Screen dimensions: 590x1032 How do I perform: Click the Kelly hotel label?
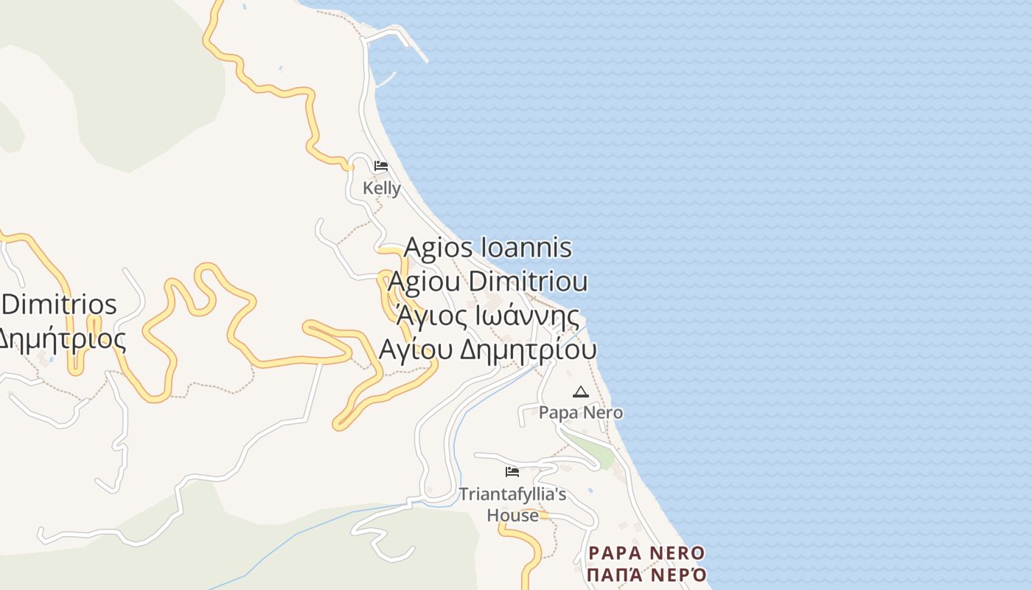(x=382, y=189)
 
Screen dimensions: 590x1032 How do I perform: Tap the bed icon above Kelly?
(x=381, y=166)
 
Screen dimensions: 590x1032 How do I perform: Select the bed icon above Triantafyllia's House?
(x=512, y=472)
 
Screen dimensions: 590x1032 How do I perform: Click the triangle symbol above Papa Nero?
(x=581, y=392)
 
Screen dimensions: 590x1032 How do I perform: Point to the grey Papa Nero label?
(x=581, y=413)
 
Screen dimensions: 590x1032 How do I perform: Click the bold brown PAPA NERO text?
(x=647, y=553)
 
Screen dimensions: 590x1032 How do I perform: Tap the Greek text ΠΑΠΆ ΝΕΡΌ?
(x=647, y=575)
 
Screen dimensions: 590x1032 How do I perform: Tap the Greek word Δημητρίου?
(x=528, y=350)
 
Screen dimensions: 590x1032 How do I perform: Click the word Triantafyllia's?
(x=512, y=493)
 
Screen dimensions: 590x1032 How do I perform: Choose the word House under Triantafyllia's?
(x=512, y=515)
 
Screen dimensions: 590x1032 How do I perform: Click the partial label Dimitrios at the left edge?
(x=59, y=305)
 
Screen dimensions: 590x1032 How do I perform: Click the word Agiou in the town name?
(x=424, y=282)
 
